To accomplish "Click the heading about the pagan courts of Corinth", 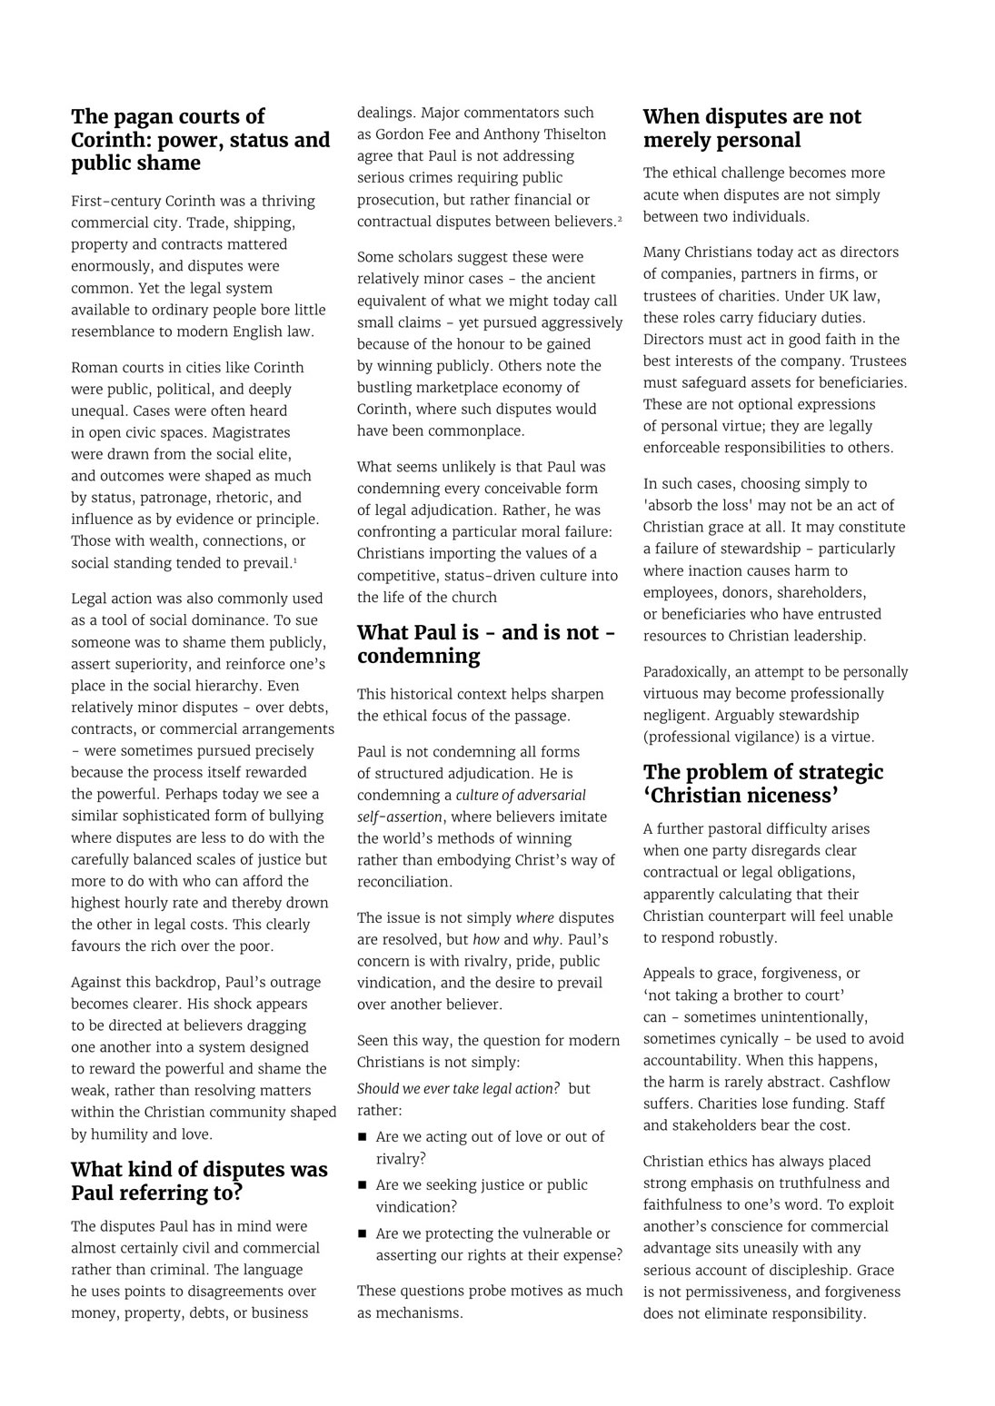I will pyautogui.click(x=200, y=140).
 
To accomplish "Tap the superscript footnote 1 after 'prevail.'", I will pyautogui.click(x=294, y=559).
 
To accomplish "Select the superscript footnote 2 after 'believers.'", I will pyautogui.click(x=620, y=218).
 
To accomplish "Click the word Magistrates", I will pyautogui.click(x=244, y=432).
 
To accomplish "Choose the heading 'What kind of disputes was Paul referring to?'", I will pyautogui.click(x=199, y=1181).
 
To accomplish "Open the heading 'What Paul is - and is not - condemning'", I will pyautogui.click(x=485, y=644).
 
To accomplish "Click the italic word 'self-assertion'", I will pyautogui.click(x=400, y=817).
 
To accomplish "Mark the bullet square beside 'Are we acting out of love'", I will pyautogui.click(x=363, y=1137).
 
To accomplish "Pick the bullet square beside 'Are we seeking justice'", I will pyautogui.click(x=363, y=1185).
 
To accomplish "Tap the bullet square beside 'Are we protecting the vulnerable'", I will pyautogui.click(x=363, y=1233).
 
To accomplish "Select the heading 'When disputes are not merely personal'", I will pyautogui.click(x=751, y=128).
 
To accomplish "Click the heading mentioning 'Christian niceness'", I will pyautogui.click(x=762, y=784).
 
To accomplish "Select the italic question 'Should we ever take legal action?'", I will pyautogui.click(x=458, y=1088).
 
